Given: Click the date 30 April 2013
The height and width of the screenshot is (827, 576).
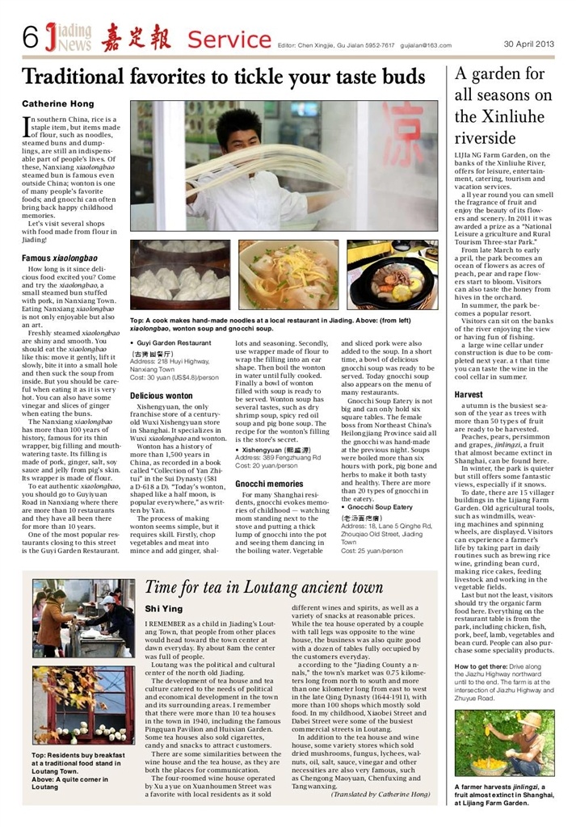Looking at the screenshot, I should (x=529, y=44).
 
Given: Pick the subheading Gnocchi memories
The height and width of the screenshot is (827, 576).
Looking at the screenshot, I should (x=271, y=483).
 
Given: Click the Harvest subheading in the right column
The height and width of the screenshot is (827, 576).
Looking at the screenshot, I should (x=470, y=395).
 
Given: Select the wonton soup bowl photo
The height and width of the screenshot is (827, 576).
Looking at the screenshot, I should (x=288, y=275).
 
